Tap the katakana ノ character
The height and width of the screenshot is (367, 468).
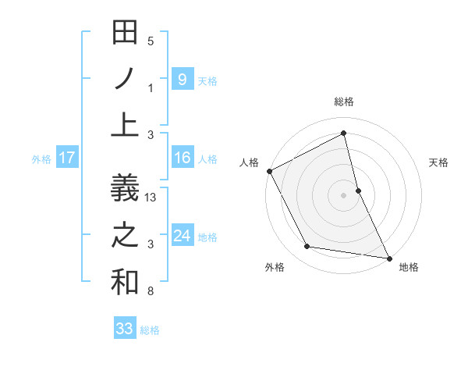click(x=125, y=80)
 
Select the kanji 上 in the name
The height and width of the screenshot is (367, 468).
click(x=125, y=125)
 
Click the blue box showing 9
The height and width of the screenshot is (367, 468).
click(x=183, y=79)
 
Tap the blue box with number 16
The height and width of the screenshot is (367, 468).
click(x=183, y=159)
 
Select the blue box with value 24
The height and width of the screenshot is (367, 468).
click(x=183, y=236)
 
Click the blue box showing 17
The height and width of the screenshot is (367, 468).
click(x=67, y=159)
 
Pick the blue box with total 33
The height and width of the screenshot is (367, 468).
click(x=125, y=329)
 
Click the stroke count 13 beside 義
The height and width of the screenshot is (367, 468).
click(x=151, y=198)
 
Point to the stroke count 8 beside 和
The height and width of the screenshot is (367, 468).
click(x=151, y=292)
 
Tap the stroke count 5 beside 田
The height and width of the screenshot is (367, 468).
click(x=151, y=41)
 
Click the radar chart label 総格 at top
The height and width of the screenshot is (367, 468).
click(x=344, y=102)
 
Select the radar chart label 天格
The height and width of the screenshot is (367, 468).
click(x=439, y=162)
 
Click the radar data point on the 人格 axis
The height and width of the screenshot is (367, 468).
click(x=269, y=170)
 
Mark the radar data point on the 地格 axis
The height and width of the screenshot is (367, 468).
click(x=388, y=257)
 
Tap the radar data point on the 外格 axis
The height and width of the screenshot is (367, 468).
click(x=307, y=247)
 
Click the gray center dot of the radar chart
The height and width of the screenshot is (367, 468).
click(x=344, y=195)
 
